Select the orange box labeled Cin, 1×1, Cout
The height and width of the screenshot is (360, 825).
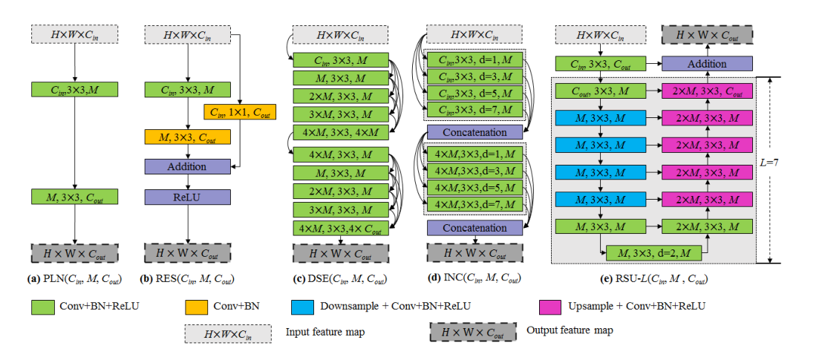239,112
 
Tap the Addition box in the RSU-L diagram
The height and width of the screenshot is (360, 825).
706,64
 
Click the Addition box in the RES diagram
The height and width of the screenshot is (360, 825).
187,166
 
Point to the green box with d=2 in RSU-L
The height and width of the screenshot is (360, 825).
653,253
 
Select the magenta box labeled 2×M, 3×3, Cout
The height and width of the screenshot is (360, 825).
706,91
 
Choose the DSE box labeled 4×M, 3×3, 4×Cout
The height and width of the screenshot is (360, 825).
341,228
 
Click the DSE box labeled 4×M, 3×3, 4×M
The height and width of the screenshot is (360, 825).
341,131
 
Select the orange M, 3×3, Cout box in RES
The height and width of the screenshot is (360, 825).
187,137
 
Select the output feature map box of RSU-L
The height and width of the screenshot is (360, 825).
706,36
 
